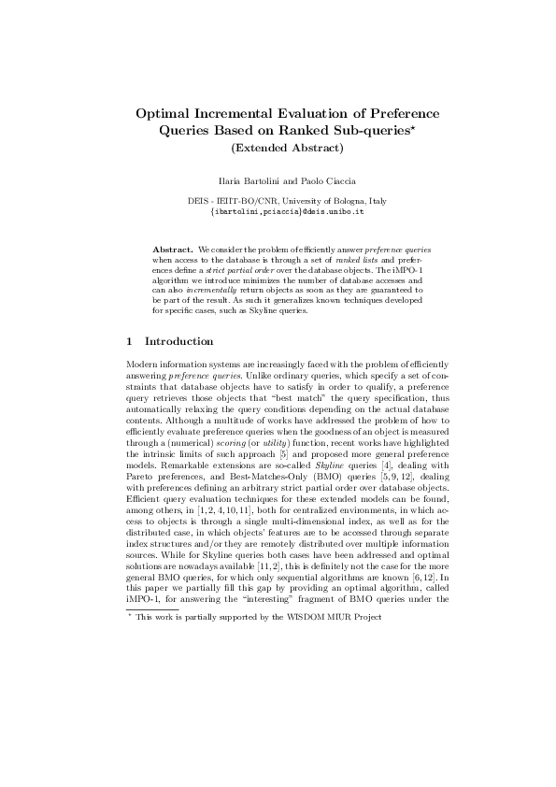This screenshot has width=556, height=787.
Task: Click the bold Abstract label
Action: tap(172, 251)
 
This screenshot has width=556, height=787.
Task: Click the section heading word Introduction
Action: tap(179, 341)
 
